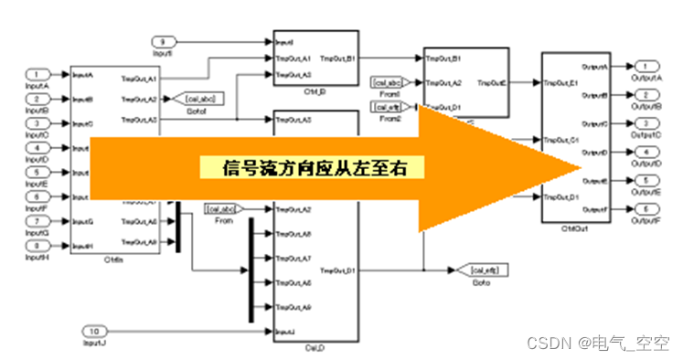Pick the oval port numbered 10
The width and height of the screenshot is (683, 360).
tap(94, 330)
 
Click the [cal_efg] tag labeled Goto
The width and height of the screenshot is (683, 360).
tap(480, 270)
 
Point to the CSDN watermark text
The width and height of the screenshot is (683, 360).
tap(600, 343)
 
